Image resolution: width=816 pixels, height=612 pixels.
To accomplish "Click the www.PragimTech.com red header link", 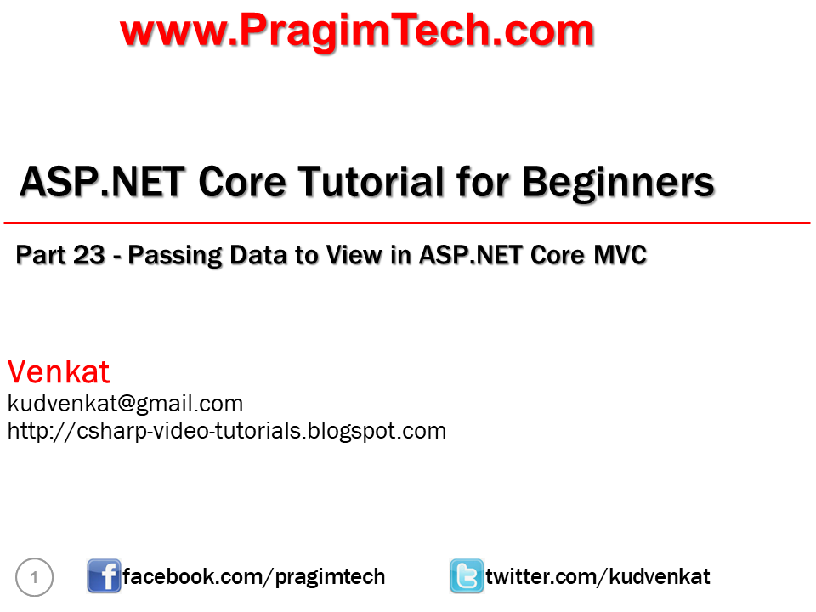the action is pyautogui.click(x=357, y=31).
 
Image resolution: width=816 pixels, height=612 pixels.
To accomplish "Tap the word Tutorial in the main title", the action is pyautogui.click(x=371, y=182).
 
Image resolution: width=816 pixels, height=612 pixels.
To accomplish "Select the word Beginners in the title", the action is pyautogui.click(x=618, y=184).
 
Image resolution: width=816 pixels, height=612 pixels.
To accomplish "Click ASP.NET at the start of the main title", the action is pyautogui.click(x=102, y=182).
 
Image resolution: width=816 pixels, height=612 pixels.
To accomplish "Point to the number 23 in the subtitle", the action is pyautogui.click(x=89, y=255).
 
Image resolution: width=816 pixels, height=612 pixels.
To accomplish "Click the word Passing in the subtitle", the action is pyautogui.click(x=175, y=256).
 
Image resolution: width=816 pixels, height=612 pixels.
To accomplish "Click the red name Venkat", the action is pyautogui.click(x=59, y=371).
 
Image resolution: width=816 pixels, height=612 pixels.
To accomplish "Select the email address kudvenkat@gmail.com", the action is pyautogui.click(x=126, y=404).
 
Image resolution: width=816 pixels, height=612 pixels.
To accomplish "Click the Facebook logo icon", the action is pyautogui.click(x=104, y=576).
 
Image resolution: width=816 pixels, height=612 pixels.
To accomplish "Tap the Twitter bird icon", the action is pyautogui.click(x=467, y=576).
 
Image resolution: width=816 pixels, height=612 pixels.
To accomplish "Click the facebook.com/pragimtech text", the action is pyautogui.click(x=254, y=577).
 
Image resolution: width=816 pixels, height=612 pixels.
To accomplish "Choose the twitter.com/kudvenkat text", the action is pyautogui.click(x=598, y=576).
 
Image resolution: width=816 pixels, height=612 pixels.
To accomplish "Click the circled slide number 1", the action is pyautogui.click(x=34, y=577).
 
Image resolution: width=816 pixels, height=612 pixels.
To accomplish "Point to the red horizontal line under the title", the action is pyautogui.click(x=407, y=224).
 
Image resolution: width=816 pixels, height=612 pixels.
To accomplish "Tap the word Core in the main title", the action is pyautogui.click(x=242, y=182).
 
